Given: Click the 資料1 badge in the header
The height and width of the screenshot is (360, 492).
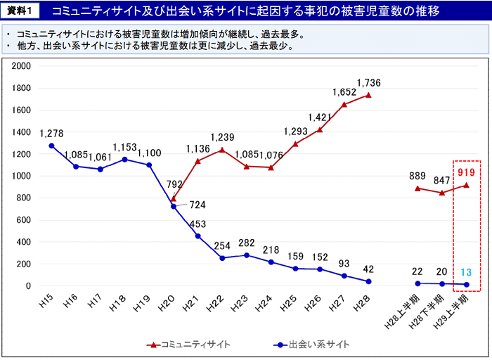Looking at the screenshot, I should pos(20,11).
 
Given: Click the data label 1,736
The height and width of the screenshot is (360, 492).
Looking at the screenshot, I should pos(369,83).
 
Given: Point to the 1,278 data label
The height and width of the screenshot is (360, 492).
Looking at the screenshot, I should pos(51,133).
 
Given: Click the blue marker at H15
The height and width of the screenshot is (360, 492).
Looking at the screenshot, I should pos(51,146).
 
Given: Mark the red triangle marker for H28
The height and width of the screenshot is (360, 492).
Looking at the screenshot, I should pos(368,95).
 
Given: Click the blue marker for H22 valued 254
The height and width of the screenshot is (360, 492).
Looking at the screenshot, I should pos(222,258).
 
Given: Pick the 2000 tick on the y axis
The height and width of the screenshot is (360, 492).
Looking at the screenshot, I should pos(21,66).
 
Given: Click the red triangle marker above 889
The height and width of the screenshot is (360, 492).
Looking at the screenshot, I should pos(417,188).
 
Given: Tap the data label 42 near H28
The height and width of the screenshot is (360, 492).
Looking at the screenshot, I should pos(368,269).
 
